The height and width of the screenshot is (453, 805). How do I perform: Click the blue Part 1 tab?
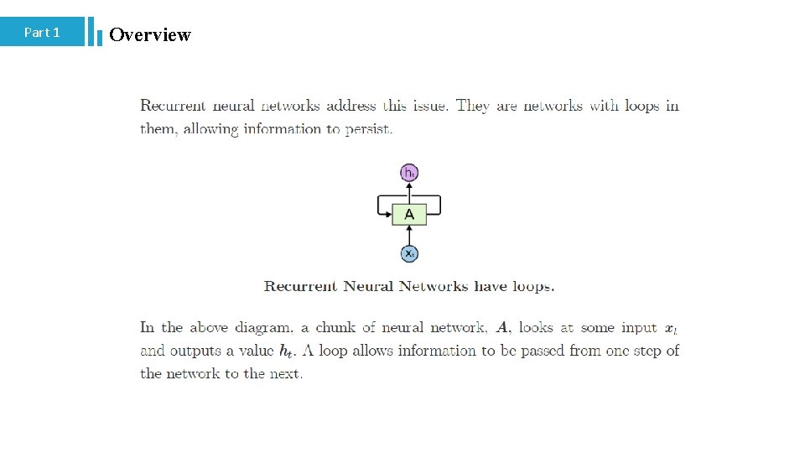click(x=42, y=32)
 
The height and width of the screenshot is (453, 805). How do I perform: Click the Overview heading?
click(x=150, y=34)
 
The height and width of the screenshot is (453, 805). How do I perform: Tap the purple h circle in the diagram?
click(x=409, y=173)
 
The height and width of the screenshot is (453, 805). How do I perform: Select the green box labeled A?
click(x=409, y=214)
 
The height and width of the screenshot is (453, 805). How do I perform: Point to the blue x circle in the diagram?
click(x=409, y=253)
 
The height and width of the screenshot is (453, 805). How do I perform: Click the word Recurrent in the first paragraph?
click(x=173, y=106)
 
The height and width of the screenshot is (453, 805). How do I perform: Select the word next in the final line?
click(x=285, y=374)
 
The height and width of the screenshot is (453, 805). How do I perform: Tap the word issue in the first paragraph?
click(x=428, y=106)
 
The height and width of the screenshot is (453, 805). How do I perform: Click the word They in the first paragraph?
click(x=472, y=106)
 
